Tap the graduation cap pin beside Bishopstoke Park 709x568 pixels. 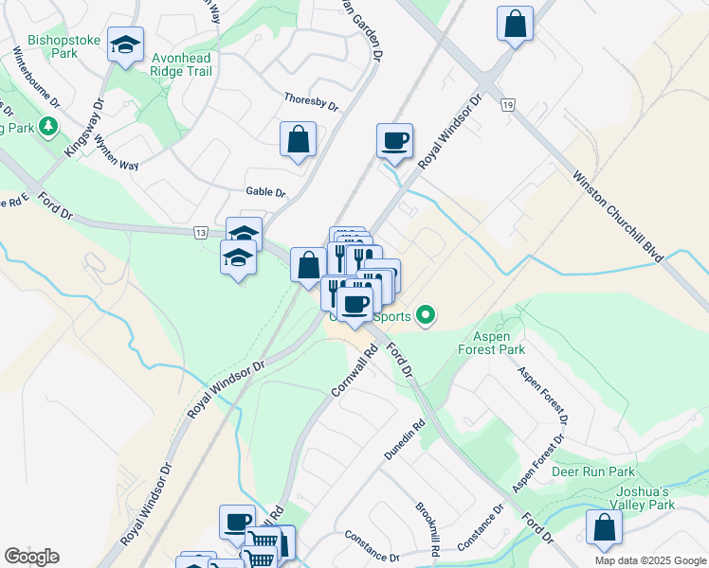(125, 45)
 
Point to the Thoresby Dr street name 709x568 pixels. (311, 102)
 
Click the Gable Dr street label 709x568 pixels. (265, 192)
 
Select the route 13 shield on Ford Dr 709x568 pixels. (200, 232)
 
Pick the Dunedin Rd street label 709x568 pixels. (406, 441)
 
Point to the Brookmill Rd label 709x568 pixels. (427, 524)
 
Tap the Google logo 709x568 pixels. (31, 557)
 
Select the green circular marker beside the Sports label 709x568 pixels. (427, 316)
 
